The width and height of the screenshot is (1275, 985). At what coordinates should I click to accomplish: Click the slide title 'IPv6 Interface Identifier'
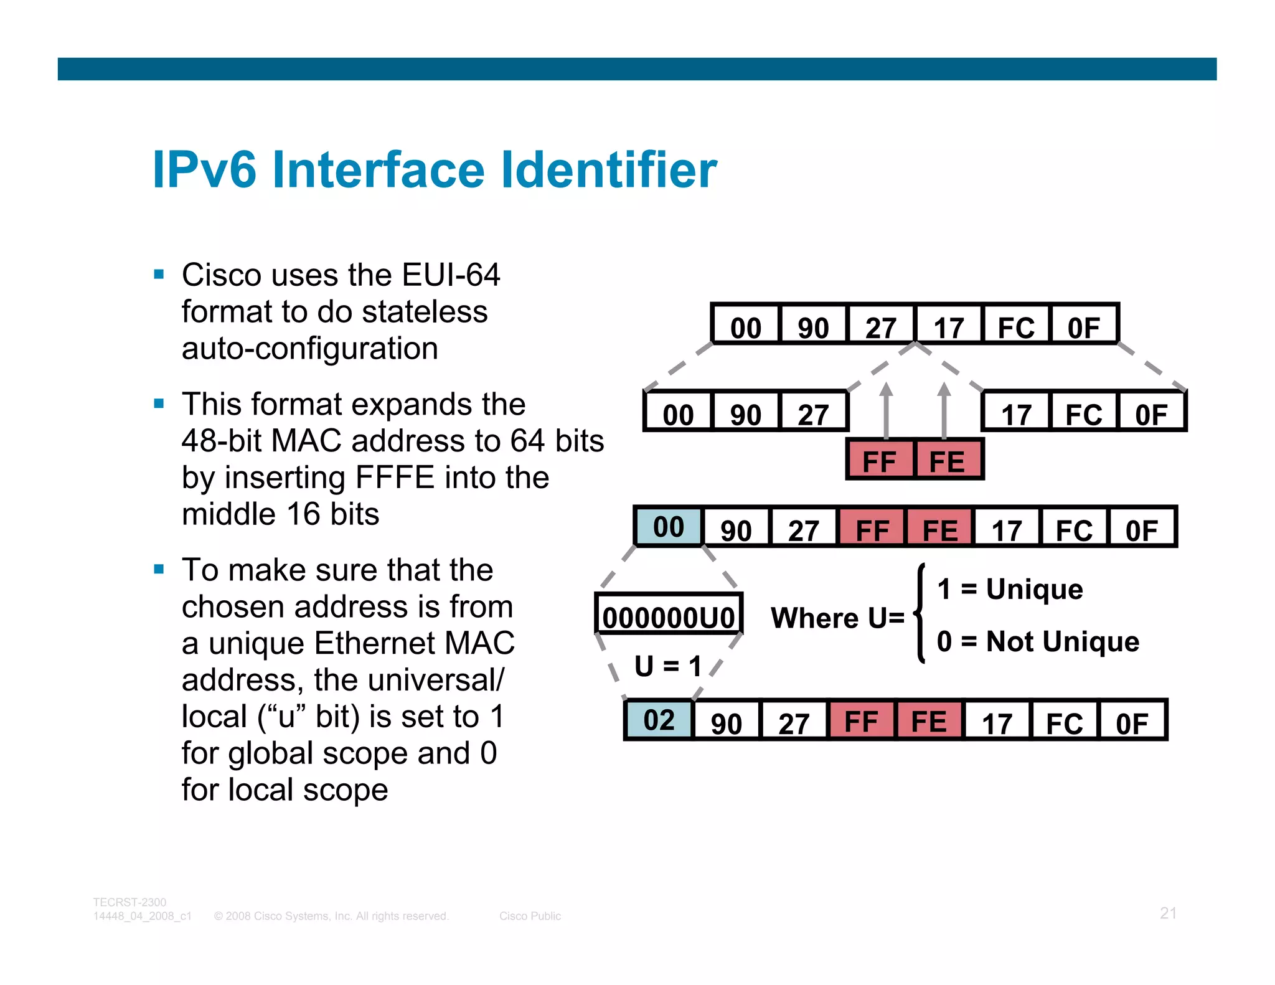pos(435,169)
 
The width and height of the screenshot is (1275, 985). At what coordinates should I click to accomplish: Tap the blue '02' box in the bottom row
pos(659,720)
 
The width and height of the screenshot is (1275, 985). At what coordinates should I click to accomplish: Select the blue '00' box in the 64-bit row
pos(668,527)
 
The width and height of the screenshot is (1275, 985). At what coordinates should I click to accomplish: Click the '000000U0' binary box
pos(669,617)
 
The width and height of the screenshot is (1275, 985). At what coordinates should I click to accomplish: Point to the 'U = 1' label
pos(668,666)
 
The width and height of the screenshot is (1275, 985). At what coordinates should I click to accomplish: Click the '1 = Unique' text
pos(1010,589)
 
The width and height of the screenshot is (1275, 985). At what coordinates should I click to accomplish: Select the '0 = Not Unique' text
pos(1038,641)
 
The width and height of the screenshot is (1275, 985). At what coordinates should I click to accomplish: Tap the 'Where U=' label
pos(837,618)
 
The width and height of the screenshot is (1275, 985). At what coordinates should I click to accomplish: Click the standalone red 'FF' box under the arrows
pos(880,461)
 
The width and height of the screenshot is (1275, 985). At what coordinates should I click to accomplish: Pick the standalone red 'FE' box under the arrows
pos(947,461)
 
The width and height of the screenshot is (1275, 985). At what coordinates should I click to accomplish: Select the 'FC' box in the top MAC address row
pos(1016,327)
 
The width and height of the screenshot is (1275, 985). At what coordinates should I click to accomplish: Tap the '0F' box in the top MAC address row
pos(1084,327)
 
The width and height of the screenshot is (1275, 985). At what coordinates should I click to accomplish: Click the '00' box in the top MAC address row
pos(746,327)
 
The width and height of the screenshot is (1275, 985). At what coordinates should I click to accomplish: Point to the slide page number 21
pos(1168,913)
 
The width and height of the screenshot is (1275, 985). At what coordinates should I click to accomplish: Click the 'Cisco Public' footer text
pos(530,916)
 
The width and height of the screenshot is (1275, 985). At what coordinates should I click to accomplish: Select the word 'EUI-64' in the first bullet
pos(451,275)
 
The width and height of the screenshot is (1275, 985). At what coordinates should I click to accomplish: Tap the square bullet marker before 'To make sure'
pos(159,568)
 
